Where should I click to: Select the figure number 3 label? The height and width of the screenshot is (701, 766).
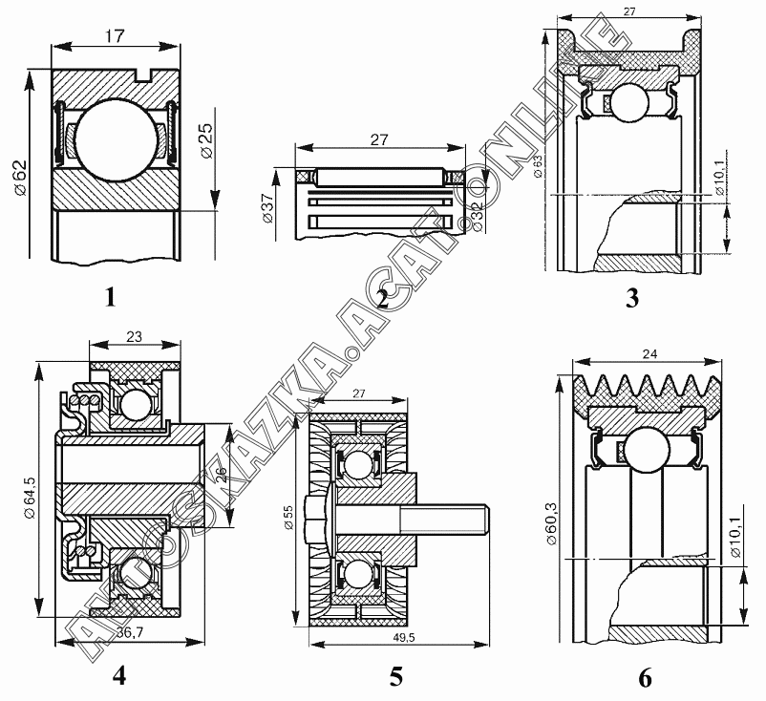[631, 298]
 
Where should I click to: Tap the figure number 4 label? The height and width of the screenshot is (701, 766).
[118, 675]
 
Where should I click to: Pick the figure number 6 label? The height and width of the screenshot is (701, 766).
[645, 678]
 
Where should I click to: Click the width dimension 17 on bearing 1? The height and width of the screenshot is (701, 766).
[117, 35]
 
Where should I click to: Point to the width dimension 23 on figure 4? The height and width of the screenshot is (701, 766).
[135, 335]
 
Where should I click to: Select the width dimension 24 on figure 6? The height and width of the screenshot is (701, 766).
[650, 354]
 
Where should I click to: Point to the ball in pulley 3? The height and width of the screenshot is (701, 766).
[631, 102]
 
